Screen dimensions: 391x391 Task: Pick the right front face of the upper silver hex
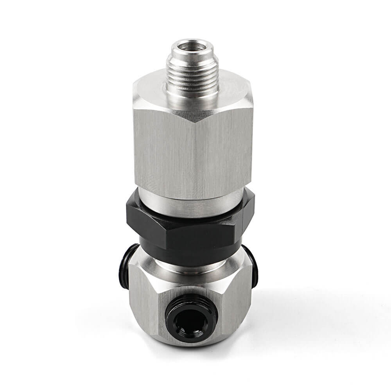223,149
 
